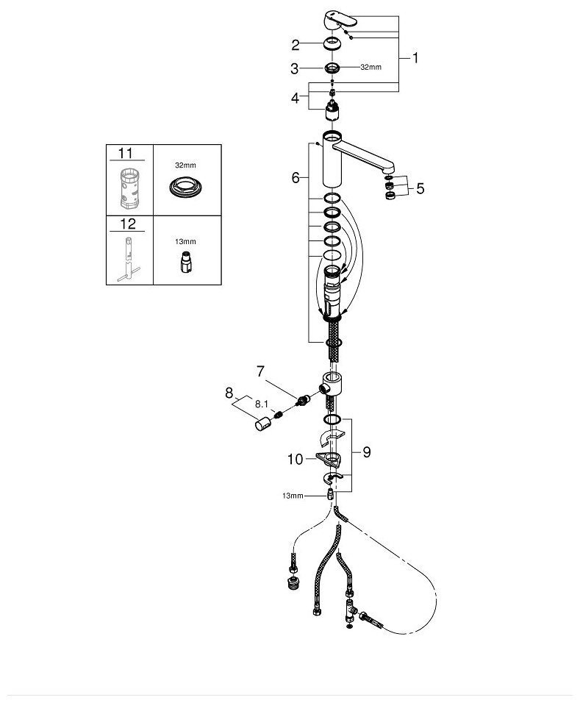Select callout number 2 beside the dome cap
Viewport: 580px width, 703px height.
[295, 45]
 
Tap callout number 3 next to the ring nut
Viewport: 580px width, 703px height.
[295, 68]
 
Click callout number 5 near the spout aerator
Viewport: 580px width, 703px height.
[420, 188]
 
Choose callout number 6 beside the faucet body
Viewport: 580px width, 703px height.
[295, 177]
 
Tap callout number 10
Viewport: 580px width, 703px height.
[295, 460]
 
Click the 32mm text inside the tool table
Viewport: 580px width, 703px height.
[186, 166]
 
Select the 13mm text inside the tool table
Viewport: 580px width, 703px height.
[186, 240]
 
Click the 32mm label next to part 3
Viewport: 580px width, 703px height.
[370, 68]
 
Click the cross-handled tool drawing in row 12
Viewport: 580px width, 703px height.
[128, 257]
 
